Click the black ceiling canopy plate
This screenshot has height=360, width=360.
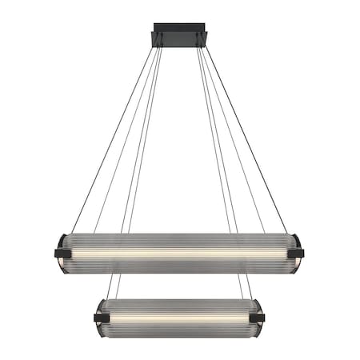[x=179, y=40]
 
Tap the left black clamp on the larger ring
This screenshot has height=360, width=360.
[x=62, y=253]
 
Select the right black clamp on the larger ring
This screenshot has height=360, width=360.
[x=295, y=253]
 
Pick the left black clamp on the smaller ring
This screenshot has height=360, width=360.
[x=102, y=318]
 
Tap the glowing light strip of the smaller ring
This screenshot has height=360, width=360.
[x=179, y=318]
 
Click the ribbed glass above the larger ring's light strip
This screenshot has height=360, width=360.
[x=179, y=242]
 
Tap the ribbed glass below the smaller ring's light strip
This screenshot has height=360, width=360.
[x=179, y=328]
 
